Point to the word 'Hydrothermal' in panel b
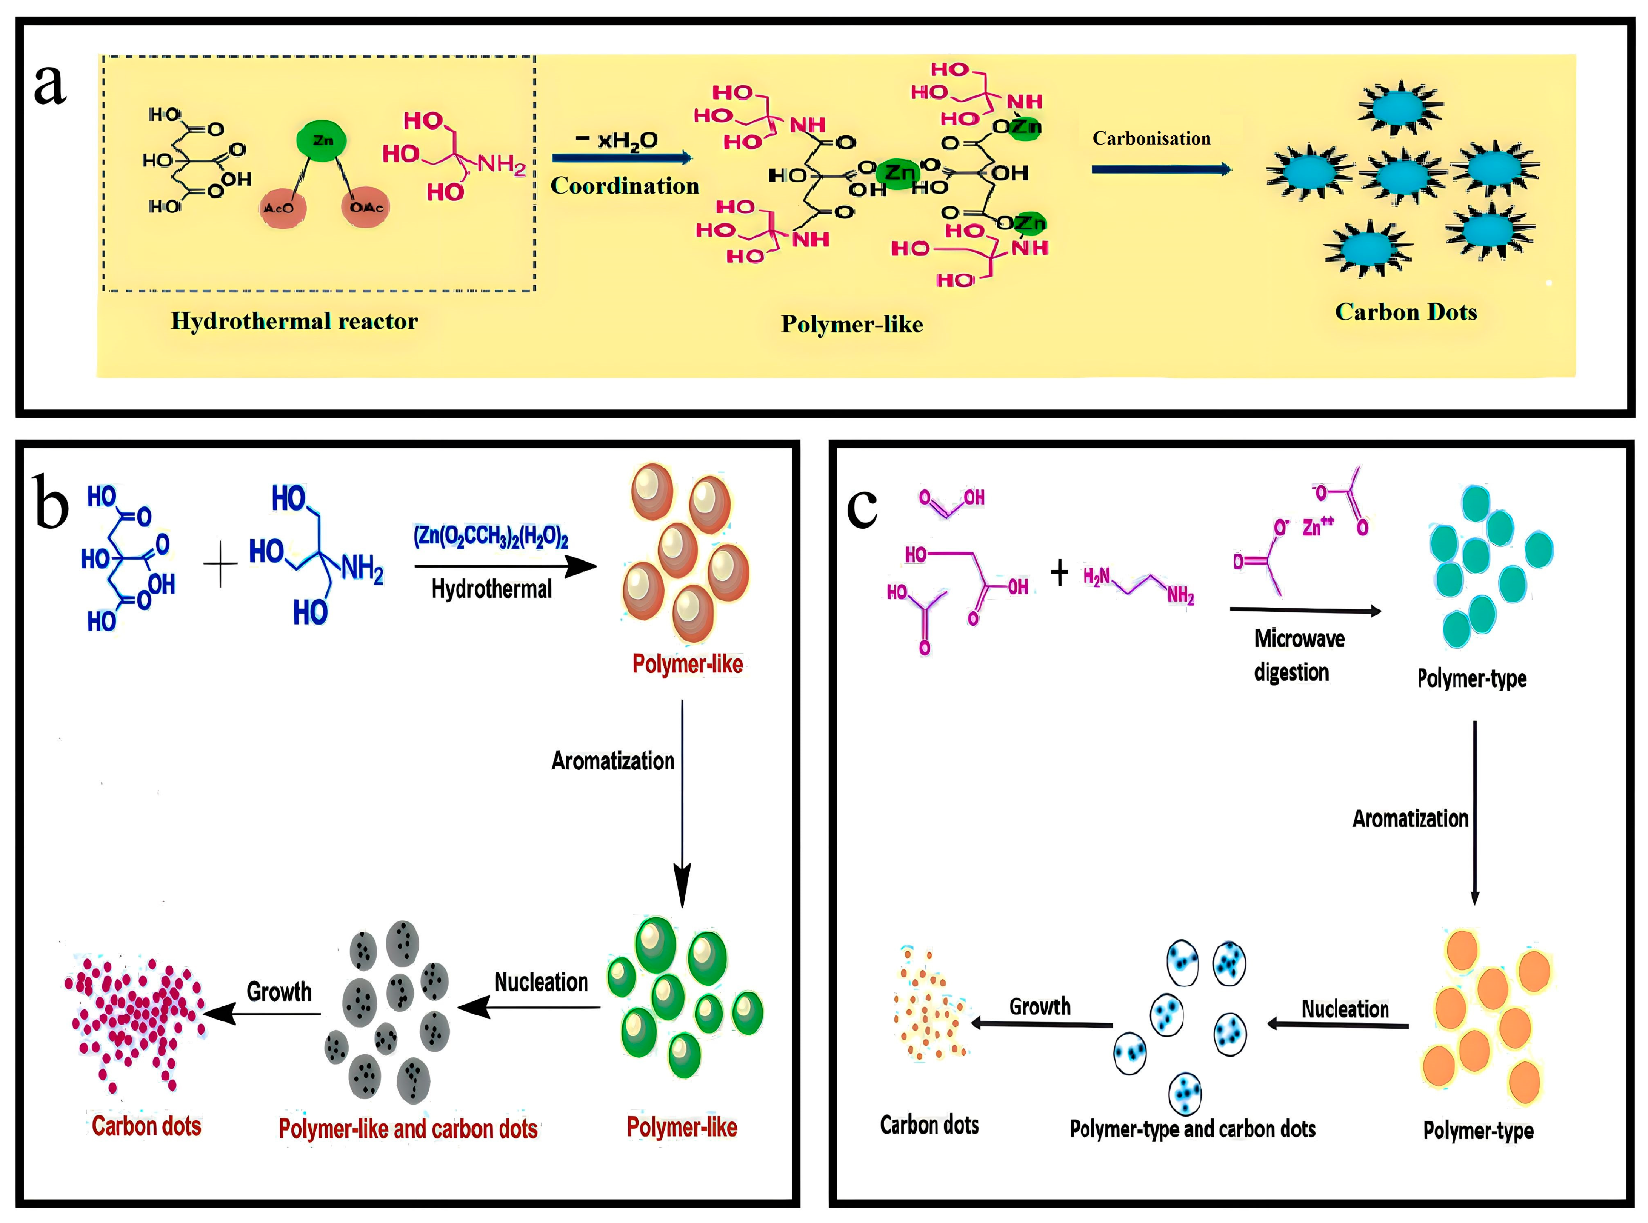pos(492,589)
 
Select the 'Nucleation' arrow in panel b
pos(529,1008)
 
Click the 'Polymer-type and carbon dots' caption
pos(1192,1129)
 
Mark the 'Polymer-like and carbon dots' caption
pos(408,1129)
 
